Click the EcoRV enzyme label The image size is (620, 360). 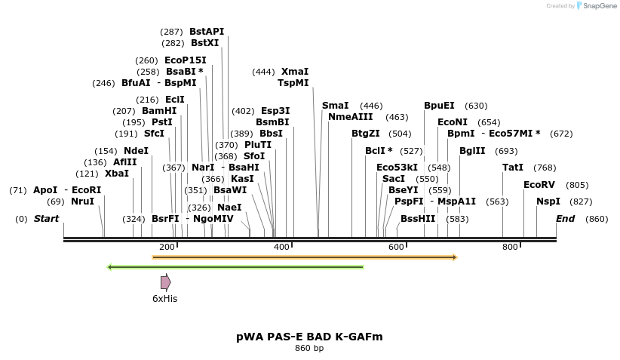point(539,185)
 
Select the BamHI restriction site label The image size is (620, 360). point(159,110)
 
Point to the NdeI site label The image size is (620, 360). point(136,151)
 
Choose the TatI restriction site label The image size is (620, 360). point(513,168)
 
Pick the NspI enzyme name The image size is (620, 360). point(548,202)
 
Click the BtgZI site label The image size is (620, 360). point(366,134)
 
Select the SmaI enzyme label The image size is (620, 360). point(335,106)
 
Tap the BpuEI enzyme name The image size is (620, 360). point(439,106)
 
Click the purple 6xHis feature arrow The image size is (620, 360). point(165,282)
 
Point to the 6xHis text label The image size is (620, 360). point(164,299)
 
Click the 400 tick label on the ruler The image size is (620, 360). point(281,248)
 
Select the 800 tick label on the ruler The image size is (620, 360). point(510,248)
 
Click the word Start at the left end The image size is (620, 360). point(46,219)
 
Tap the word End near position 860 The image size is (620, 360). point(565,219)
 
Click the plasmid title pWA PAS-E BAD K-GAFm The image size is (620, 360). point(309,337)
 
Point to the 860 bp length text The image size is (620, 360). point(309,349)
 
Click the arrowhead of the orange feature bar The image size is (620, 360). point(455,257)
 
